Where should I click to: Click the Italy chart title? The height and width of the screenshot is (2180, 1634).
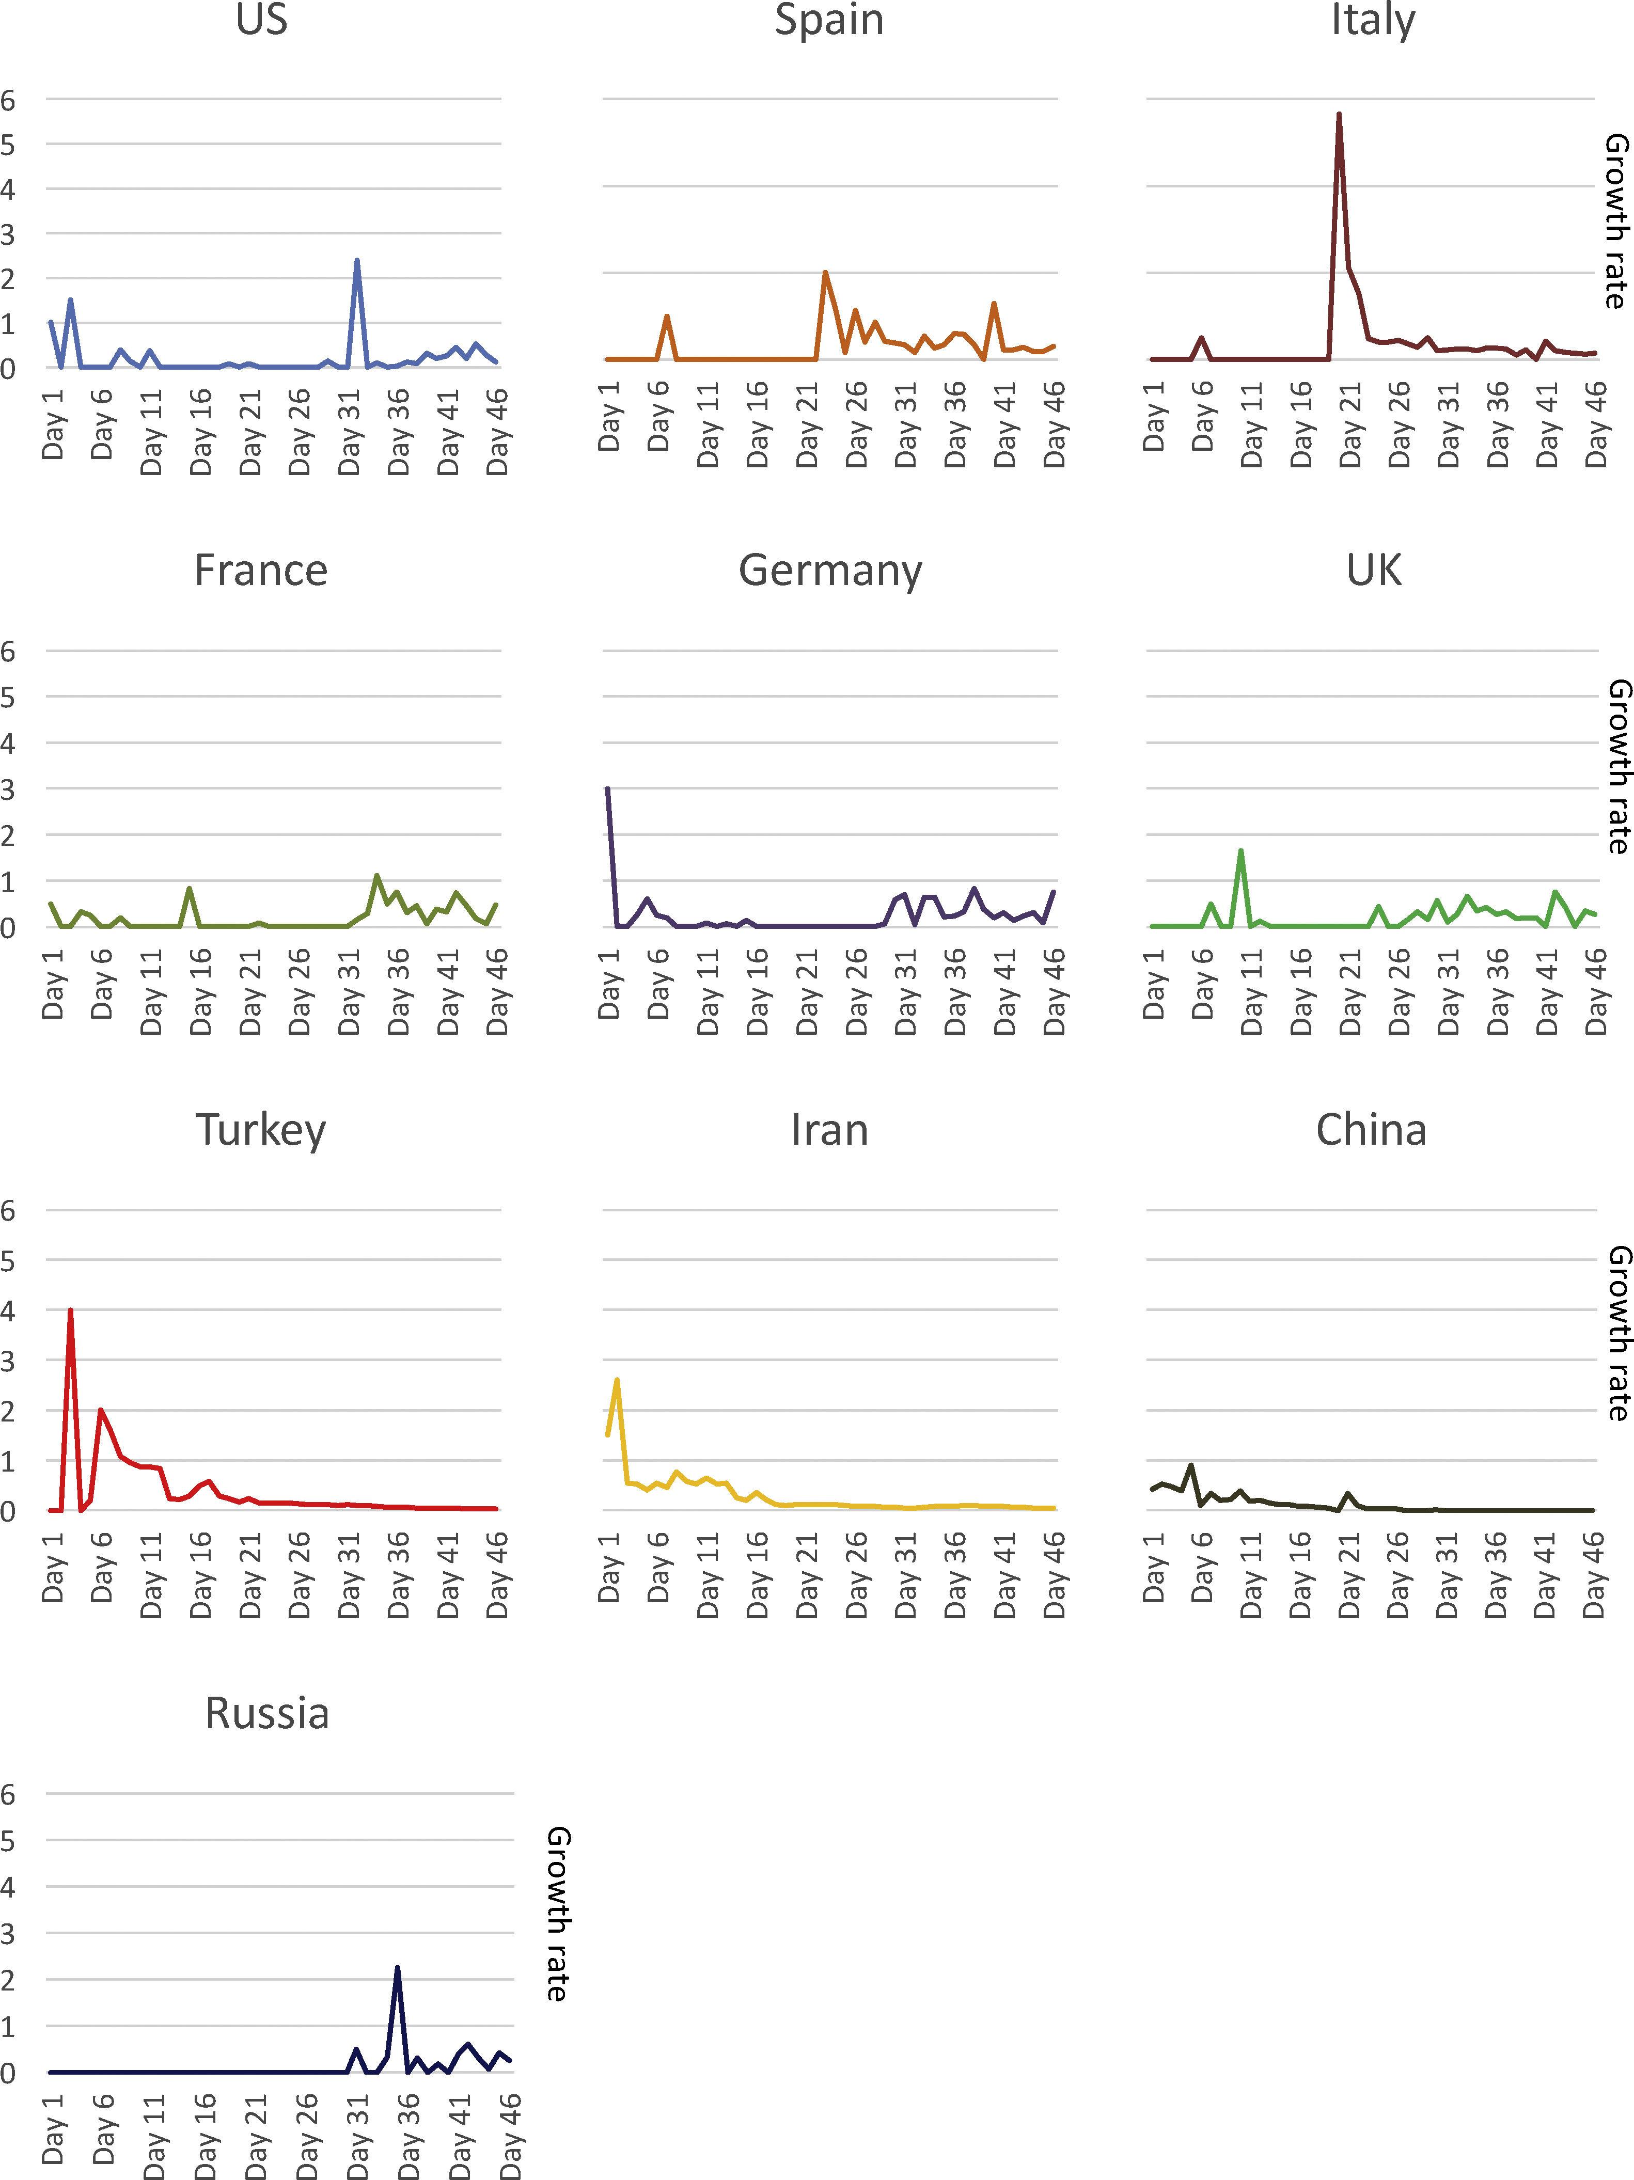pyautogui.click(x=1373, y=20)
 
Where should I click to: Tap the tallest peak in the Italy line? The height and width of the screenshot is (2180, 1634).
pyautogui.click(x=1339, y=114)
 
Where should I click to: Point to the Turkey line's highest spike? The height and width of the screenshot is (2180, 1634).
pyautogui.click(x=70, y=1311)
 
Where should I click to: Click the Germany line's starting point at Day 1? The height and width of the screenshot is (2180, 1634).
pyautogui.click(x=608, y=788)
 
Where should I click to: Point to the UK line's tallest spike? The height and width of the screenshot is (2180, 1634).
pyautogui.click(x=1241, y=850)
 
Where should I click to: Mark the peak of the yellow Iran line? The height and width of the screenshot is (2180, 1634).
pyautogui.click(x=617, y=1380)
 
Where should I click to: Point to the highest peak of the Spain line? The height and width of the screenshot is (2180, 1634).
pyautogui.click(x=825, y=272)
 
